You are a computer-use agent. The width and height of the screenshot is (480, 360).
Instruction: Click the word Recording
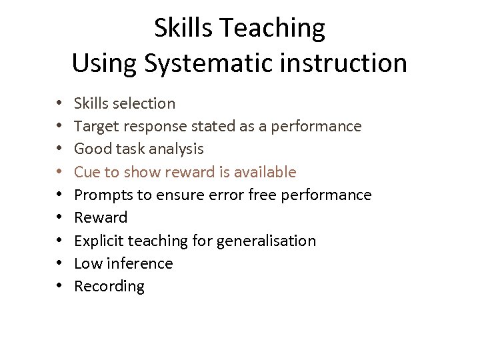[x=109, y=287]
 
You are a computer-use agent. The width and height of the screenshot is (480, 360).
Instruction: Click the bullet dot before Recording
[x=59, y=287]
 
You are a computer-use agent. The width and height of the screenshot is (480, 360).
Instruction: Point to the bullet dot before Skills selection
[x=59, y=103]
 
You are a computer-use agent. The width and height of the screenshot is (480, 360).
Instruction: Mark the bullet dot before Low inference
[x=59, y=263]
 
